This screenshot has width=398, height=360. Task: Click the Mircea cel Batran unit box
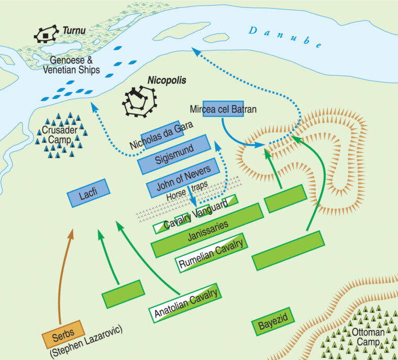tap(223, 108)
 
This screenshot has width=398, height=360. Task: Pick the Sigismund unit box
tap(173, 149)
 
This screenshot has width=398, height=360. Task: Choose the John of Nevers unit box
tap(181, 172)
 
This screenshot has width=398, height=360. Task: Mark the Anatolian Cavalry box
tap(185, 304)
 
